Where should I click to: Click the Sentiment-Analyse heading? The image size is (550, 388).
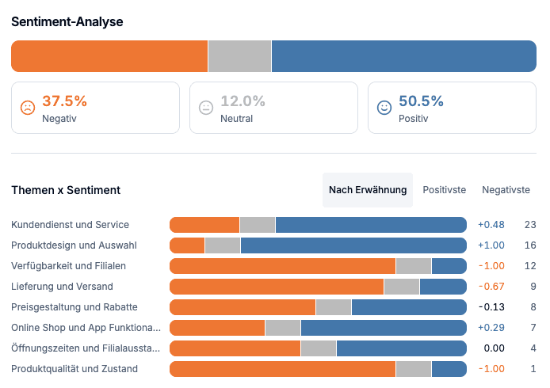tap(67, 21)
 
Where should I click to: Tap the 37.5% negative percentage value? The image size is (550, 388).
tap(64, 101)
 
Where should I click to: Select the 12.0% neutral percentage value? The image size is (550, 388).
tap(243, 101)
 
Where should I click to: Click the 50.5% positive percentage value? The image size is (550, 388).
tap(421, 101)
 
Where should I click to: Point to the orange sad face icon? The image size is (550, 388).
tap(28, 108)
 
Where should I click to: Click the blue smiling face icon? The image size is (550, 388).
tap(384, 108)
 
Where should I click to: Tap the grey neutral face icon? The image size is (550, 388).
tap(206, 108)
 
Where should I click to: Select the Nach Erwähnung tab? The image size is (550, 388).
tap(368, 190)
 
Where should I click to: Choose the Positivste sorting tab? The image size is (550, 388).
tap(444, 190)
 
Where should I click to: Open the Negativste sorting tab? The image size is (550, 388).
tap(506, 190)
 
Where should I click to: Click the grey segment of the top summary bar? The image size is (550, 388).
tap(239, 56)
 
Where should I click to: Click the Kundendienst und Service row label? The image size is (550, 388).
tap(70, 225)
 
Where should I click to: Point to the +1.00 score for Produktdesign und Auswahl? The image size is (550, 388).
tap(491, 245)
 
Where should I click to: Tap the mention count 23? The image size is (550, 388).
tap(530, 225)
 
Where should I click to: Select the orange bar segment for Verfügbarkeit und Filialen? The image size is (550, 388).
tap(282, 266)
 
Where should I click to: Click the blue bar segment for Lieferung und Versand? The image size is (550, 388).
tap(443, 287)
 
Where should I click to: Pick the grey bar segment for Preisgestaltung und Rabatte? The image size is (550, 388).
tap(334, 307)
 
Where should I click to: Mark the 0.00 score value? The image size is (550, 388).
tap(494, 348)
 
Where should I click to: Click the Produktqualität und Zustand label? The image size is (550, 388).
tap(74, 369)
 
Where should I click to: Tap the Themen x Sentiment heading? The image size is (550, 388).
tap(66, 190)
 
